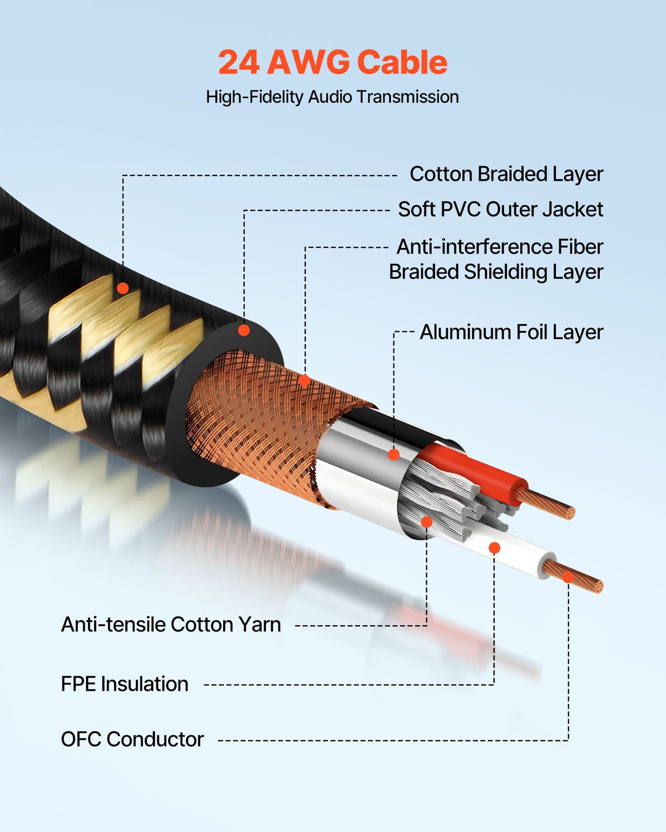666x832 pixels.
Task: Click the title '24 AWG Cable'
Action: click(332, 62)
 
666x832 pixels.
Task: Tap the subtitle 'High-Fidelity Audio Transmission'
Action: click(332, 97)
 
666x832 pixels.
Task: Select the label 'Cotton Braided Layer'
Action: click(506, 174)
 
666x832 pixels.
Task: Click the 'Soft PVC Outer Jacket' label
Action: click(500, 210)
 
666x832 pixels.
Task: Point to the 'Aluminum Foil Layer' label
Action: click(511, 332)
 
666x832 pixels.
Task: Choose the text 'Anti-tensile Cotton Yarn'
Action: click(171, 625)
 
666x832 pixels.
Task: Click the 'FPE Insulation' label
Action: click(124, 684)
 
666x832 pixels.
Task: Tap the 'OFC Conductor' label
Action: click(132, 739)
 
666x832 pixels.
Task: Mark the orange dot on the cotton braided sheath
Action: click(123, 288)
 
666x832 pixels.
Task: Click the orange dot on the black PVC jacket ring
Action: click(244, 330)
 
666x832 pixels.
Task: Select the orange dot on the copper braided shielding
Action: click(304, 381)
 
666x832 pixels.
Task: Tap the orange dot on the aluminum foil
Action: click(394, 455)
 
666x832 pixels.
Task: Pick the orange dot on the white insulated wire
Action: click(494, 548)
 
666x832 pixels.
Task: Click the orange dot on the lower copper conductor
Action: click(568, 577)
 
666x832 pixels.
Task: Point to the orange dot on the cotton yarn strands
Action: click(427, 522)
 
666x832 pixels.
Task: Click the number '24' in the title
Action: click(238, 62)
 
